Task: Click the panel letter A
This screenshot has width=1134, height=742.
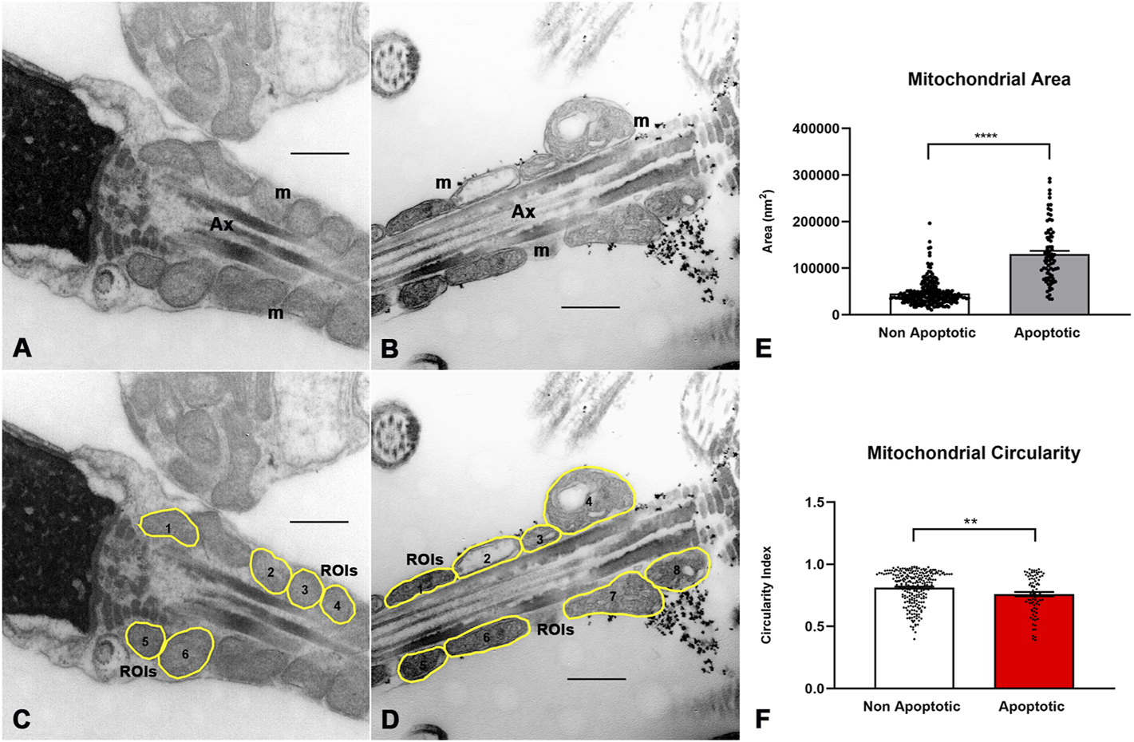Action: [22, 348]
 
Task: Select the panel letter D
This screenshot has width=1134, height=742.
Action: [390, 720]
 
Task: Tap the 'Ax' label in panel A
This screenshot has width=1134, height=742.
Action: [222, 225]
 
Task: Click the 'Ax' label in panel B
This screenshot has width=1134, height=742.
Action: [524, 211]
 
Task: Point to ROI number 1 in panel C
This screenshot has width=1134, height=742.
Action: [168, 528]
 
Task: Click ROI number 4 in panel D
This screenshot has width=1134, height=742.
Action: [589, 502]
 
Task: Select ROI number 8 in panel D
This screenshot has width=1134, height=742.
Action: [677, 570]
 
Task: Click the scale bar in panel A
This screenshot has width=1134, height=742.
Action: [319, 152]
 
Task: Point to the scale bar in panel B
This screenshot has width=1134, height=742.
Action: [591, 307]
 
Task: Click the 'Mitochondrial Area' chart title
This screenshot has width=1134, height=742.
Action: [989, 80]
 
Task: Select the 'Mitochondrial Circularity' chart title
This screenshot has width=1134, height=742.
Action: [974, 453]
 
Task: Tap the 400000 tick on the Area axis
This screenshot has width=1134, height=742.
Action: [817, 129]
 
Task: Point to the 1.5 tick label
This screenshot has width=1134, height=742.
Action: [814, 503]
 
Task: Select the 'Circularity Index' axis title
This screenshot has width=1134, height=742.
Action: [767, 594]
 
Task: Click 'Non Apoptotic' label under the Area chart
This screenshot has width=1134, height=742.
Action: [927, 333]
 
